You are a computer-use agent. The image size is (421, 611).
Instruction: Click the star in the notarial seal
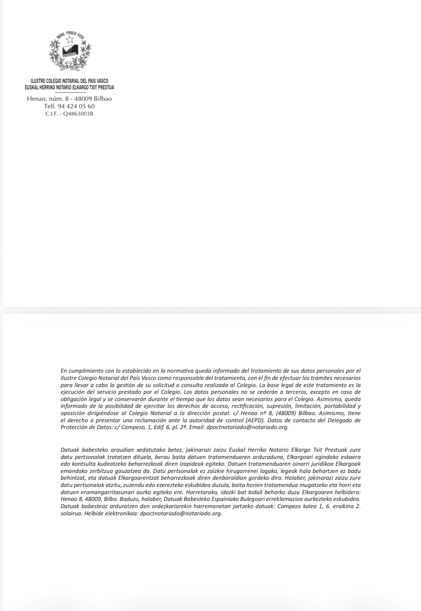click(70, 39)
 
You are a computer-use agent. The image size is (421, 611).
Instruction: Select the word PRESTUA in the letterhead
click(106, 87)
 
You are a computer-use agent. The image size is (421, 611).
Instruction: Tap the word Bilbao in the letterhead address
click(103, 99)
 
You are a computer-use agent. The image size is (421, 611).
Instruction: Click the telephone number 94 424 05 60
click(74, 106)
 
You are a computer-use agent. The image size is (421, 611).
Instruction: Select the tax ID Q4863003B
click(77, 113)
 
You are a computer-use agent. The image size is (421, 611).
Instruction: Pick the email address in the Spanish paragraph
click(248, 427)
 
